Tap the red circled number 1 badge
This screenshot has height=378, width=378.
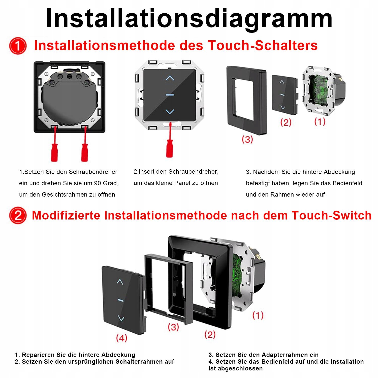tap(18, 46)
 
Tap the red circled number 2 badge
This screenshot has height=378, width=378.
tap(18, 215)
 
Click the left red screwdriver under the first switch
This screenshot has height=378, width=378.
tap(54, 149)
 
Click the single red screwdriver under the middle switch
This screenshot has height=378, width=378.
tap(169, 146)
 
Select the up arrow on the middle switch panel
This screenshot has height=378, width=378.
tap(170, 78)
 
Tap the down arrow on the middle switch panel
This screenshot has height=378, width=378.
tap(170, 111)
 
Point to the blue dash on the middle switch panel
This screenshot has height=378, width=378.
tap(170, 95)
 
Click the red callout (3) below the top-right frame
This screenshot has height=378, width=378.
tap(247, 139)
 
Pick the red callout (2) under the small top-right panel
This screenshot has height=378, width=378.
tap(286, 122)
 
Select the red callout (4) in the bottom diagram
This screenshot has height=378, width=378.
tap(121, 338)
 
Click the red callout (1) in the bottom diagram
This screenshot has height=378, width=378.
tap(258, 315)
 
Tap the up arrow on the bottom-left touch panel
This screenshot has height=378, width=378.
tap(120, 282)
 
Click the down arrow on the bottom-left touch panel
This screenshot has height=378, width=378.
tap(121, 318)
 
